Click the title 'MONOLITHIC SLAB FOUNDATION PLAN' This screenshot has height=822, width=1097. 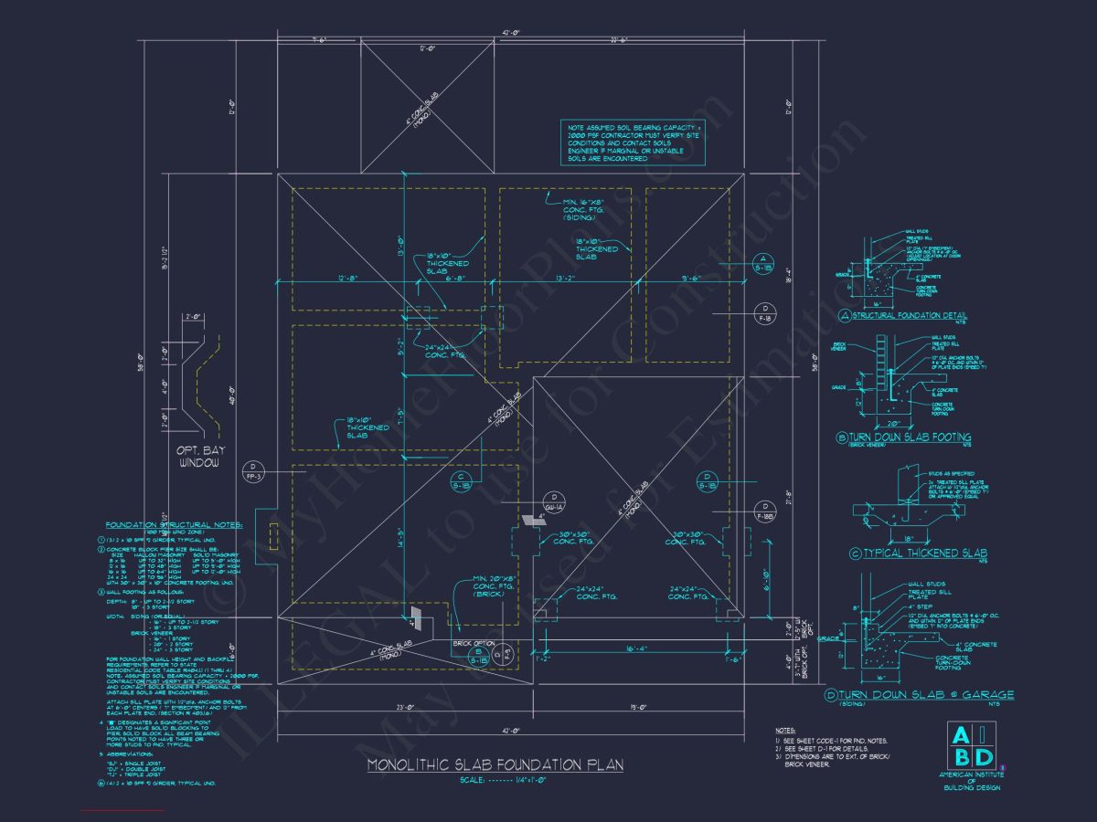point(495,764)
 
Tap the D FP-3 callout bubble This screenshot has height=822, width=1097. point(253,472)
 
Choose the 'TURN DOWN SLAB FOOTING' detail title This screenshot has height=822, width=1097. point(911,438)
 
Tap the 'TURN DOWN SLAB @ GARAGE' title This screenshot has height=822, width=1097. point(917,697)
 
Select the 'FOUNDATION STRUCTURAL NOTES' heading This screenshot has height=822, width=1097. point(174,525)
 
